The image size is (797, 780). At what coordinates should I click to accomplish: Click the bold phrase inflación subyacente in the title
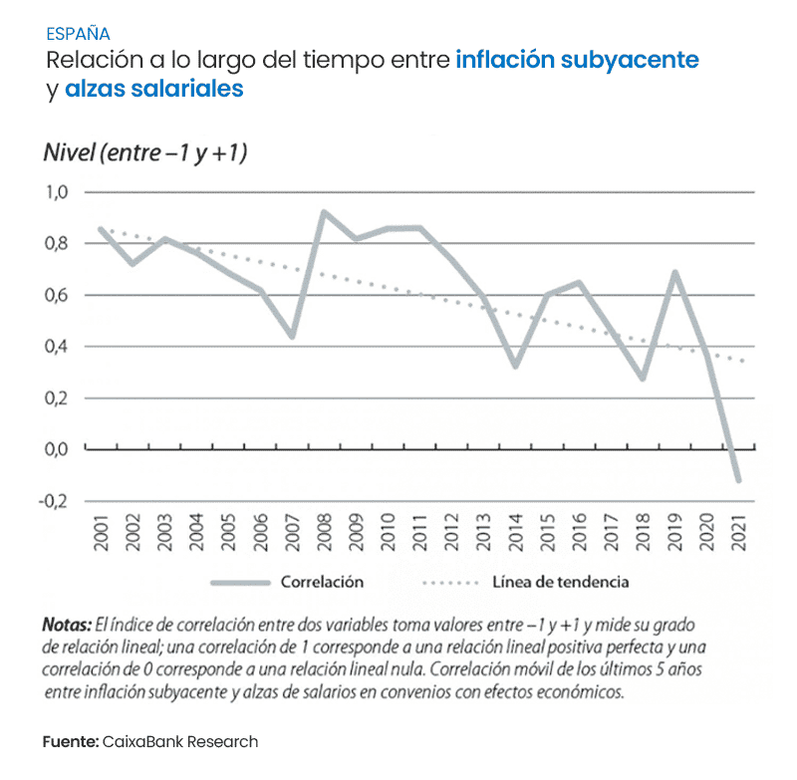(x=577, y=60)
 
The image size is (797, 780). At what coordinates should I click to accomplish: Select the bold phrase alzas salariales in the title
(x=154, y=89)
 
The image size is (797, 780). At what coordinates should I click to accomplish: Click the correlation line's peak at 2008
(x=324, y=212)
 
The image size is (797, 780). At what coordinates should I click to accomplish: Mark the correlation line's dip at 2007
(x=292, y=336)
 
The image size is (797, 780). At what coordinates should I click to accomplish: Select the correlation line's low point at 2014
(x=515, y=366)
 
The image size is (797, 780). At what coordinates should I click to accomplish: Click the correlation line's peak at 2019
(x=675, y=272)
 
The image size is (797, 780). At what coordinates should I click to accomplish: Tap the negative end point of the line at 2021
(x=738, y=480)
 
